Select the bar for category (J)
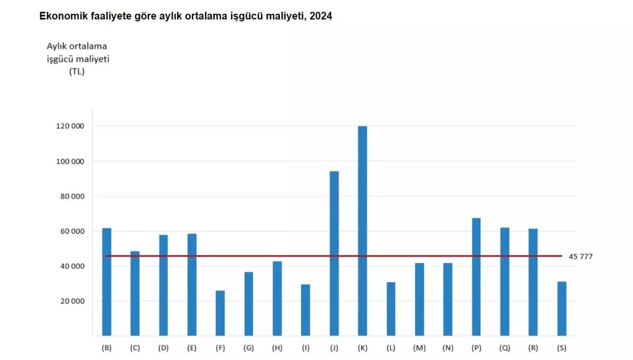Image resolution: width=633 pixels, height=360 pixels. [334, 253]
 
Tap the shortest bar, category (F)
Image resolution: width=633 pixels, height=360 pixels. [220, 313]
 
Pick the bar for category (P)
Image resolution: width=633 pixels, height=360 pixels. [476, 277]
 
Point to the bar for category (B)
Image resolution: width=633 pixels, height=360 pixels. [107, 282]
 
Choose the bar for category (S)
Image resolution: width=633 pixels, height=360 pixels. [562, 309]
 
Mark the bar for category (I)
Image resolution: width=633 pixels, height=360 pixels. [305, 310]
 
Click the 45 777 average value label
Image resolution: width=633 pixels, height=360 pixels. [581, 257]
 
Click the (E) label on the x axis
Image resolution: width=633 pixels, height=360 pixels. [192, 348]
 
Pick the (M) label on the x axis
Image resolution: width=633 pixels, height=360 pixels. [419, 348]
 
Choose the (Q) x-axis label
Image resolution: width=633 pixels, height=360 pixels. [505, 348]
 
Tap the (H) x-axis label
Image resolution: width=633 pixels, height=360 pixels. [277, 348]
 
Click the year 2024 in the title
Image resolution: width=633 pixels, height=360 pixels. [321, 16]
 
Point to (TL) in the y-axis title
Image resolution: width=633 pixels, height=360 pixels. [77, 72]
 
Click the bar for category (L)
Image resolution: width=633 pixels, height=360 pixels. [391, 309]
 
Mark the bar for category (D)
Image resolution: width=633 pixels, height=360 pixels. [164, 285]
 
